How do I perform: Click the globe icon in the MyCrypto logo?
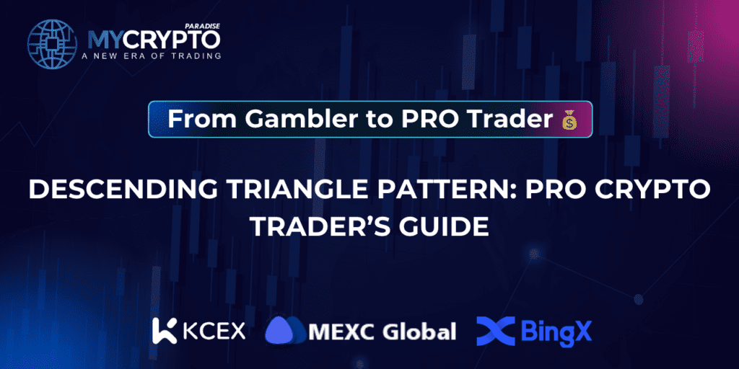pos(51,43)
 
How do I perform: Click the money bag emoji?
pos(569,120)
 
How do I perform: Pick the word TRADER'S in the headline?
pos(320,228)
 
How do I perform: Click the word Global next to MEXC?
pos(419,332)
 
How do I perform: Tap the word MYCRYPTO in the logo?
pos(153,38)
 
